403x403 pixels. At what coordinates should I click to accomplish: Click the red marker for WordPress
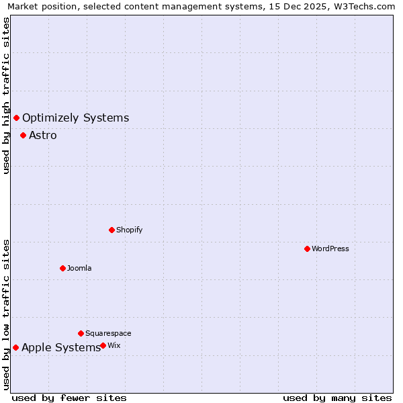pyautogui.click(x=307, y=249)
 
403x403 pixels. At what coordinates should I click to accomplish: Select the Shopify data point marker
pyautogui.click(x=111, y=230)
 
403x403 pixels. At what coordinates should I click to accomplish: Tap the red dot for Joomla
pyautogui.click(x=62, y=268)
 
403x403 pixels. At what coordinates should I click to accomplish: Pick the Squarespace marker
pyautogui.click(x=81, y=333)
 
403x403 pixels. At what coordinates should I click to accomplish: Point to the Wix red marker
pyautogui.click(x=103, y=345)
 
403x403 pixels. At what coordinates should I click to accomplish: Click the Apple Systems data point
pyautogui.click(x=15, y=347)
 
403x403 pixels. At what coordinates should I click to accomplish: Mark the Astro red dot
pyautogui.click(x=23, y=135)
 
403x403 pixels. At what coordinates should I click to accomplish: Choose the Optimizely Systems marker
pyautogui.click(x=16, y=118)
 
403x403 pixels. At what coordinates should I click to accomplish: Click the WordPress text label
pyautogui.click(x=330, y=249)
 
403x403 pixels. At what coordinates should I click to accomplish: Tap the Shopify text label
pyautogui.click(x=130, y=230)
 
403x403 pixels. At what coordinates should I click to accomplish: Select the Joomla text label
pyautogui.click(x=79, y=268)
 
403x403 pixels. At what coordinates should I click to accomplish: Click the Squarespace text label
pyautogui.click(x=108, y=333)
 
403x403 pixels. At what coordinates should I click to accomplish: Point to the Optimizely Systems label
pyautogui.click(x=75, y=118)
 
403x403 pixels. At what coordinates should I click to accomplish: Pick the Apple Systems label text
pyautogui.click(x=61, y=347)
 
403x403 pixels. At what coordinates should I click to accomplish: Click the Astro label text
pyautogui.click(x=43, y=135)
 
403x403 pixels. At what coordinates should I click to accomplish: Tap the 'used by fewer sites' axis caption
pyautogui.click(x=69, y=398)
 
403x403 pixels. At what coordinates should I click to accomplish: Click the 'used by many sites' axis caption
pyautogui.click(x=337, y=398)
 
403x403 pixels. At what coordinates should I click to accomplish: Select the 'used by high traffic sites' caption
pyautogui.click(x=6, y=96)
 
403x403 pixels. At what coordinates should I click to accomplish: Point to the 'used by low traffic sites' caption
pyautogui.click(x=6, y=314)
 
